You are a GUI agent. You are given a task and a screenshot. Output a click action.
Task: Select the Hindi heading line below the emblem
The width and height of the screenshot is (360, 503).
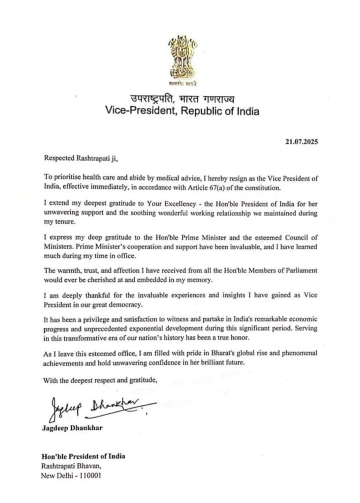tap(180, 99)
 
